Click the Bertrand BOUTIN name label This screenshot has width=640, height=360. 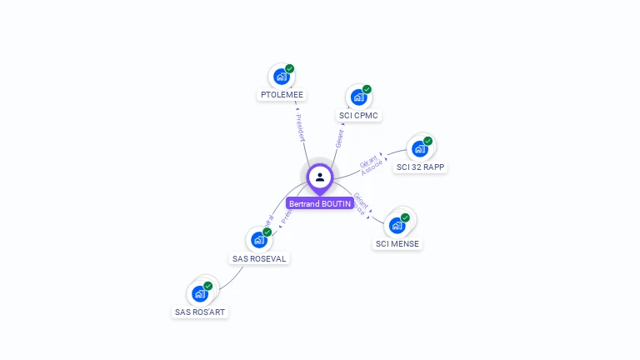coord(320,203)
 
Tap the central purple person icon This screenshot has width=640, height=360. coord(320,177)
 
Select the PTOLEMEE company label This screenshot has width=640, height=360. coord(282,95)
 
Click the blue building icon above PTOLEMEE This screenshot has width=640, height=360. coord(282,77)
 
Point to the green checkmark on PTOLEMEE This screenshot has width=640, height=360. coord(289,68)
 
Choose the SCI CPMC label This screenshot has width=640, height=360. coord(359,115)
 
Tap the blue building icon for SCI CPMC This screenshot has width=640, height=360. coord(359,97)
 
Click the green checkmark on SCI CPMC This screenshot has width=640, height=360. coord(367,89)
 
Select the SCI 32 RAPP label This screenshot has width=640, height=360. coord(421,167)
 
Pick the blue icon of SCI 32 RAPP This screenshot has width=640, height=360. coord(420,149)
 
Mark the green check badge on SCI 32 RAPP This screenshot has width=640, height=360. coord(427,141)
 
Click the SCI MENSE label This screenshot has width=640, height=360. coord(397,243)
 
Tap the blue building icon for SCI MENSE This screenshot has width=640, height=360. coord(397,225)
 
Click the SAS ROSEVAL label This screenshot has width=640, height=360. coord(259,258)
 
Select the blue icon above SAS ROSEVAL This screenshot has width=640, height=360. coord(259,240)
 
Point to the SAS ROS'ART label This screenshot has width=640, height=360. coord(200,312)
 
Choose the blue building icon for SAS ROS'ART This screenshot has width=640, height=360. coord(200,293)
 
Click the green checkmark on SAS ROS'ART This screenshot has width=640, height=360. coord(207,286)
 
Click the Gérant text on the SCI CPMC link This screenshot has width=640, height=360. coord(340,137)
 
